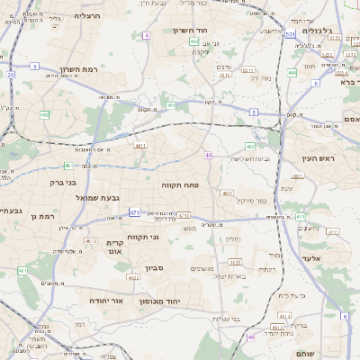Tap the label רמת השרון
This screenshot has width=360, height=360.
coord(77,69)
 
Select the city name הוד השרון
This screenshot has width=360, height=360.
coord(190,30)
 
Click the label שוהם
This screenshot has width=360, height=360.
coord(329,354)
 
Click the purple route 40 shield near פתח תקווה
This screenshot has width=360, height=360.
coord(208,156)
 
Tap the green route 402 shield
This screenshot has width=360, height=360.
coord(194,41)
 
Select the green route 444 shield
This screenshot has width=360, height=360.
coord(292,72)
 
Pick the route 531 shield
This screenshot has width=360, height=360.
coord(290,35)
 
